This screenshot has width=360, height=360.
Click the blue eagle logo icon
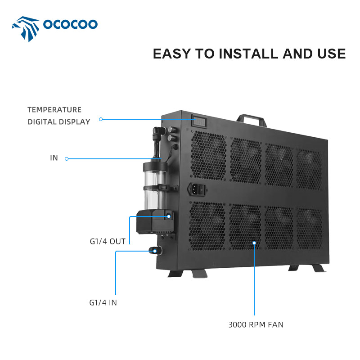point(26,29)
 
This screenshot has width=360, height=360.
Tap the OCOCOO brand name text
point(70,24)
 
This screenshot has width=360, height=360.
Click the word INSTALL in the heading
point(249,54)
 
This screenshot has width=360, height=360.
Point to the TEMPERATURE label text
point(54,110)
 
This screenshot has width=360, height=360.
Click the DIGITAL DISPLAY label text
point(59,121)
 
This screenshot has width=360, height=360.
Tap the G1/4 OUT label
point(108,241)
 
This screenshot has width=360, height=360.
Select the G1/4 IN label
point(103,302)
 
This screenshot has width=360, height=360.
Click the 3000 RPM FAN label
point(256,324)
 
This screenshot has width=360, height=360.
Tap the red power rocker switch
point(202,189)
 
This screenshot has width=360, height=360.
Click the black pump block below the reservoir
point(154,222)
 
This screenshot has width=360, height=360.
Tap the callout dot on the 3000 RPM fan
point(254,243)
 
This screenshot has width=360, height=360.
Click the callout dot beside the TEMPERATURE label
point(101,119)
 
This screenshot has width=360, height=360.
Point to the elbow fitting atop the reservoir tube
point(159,132)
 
